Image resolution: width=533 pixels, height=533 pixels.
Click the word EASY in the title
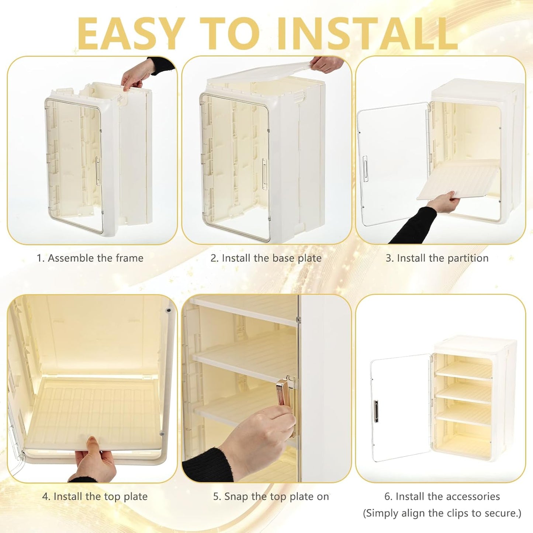click(131, 34)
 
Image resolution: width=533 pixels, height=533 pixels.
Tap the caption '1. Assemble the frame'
click(90, 258)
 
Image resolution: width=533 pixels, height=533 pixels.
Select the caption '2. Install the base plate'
click(266, 258)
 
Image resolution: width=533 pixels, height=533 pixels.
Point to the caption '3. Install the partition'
click(437, 258)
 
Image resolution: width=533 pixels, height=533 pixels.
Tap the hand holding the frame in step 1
click(137, 74)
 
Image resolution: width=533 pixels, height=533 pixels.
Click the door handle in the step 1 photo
click(98, 171)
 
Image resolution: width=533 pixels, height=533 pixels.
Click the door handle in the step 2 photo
click(265, 174)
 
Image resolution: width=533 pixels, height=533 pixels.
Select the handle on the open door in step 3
click(365, 169)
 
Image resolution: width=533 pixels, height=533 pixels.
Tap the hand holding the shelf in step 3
click(443, 202)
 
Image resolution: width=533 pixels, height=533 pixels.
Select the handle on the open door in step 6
click(376, 411)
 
